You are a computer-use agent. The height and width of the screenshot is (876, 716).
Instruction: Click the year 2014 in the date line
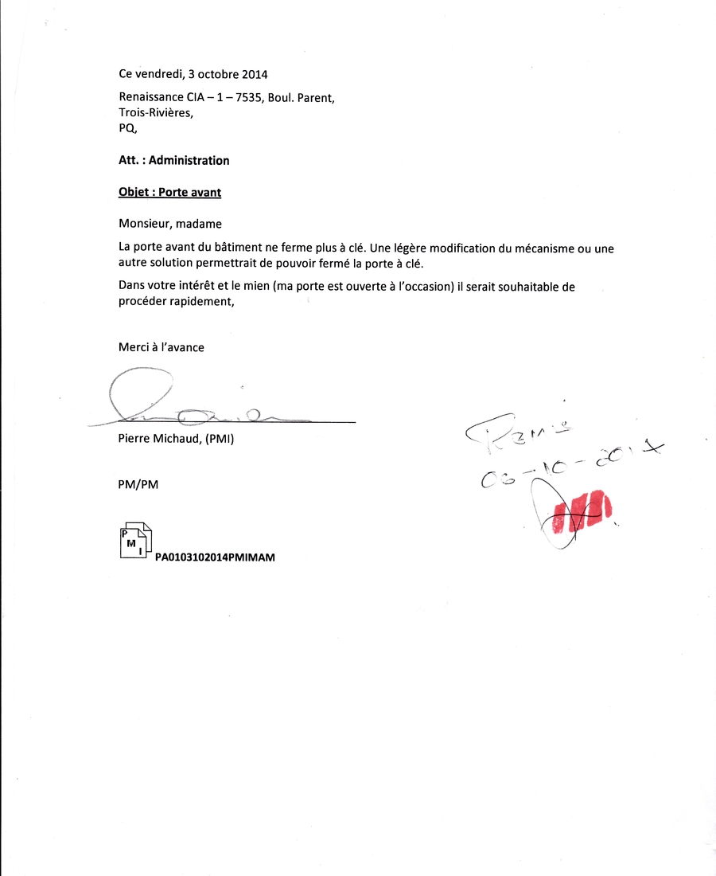pos(253,75)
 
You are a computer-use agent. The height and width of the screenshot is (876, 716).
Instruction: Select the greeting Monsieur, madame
pos(169,224)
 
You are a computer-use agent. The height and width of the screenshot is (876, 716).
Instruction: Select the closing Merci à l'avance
pos(161,347)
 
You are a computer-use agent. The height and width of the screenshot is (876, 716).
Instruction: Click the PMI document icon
pos(135,541)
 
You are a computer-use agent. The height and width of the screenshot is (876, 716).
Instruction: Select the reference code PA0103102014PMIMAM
pos(215,557)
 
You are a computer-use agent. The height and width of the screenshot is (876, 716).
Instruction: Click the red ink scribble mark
pos(587,509)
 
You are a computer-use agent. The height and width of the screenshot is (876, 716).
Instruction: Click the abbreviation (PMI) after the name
pos(218,439)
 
